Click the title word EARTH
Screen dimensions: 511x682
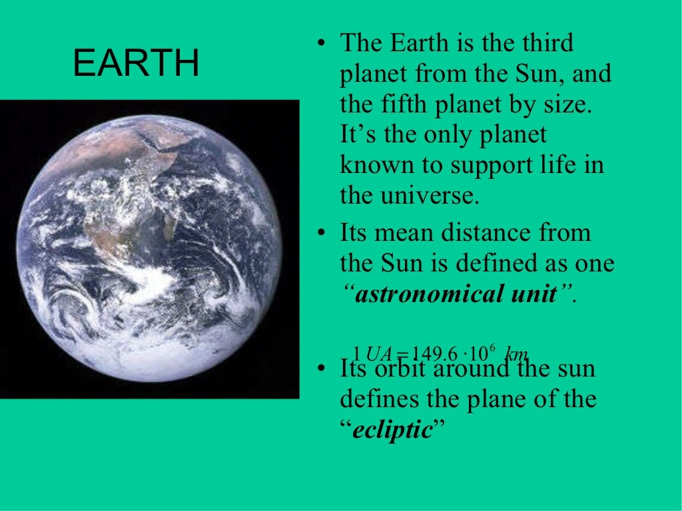136,63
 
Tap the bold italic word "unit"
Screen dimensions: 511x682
537,294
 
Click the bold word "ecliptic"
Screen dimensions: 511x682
392,430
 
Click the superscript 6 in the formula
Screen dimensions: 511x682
491,347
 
